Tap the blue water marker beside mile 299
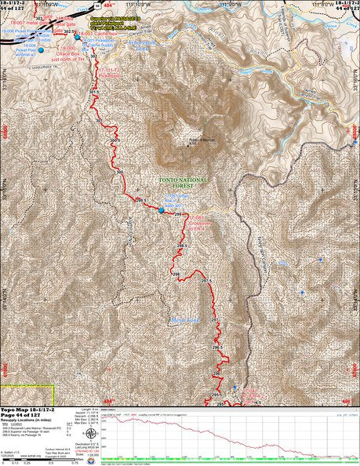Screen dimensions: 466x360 (162, 210)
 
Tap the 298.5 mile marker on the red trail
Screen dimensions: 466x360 (183, 246)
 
